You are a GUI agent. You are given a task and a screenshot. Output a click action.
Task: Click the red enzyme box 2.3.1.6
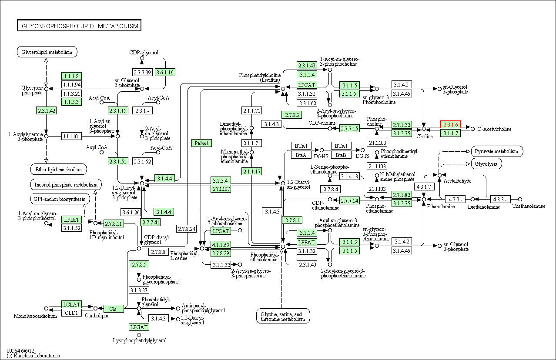pyautogui.click(x=451, y=124)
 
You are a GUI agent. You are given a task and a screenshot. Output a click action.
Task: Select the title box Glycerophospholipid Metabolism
pyautogui.click(x=79, y=26)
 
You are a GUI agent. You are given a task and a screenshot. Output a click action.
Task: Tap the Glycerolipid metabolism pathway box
pyautogui.click(x=47, y=52)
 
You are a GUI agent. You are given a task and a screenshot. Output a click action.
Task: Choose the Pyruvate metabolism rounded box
pyautogui.click(x=497, y=151)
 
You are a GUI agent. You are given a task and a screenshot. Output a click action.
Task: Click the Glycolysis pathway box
pyautogui.click(x=486, y=164)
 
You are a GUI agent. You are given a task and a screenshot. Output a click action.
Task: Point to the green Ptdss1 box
pyautogui.click(x=201, y=143)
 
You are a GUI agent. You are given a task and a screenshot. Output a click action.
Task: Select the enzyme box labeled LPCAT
pyautogui.click(x=307, y=85)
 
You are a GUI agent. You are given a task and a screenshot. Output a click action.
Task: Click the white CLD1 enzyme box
pyautogui.click(x=71, y=313)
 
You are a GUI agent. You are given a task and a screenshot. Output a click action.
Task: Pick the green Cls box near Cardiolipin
pyautogui.click(x=113, y=309)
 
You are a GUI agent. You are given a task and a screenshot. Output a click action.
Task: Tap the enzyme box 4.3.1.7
pyautogui.click(x=424, y=187)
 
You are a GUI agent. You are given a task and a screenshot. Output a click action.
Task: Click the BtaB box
pyautogui.click(x=341, y=155)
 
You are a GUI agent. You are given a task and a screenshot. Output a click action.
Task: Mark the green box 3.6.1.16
pyautogui.click(x=165, y=72)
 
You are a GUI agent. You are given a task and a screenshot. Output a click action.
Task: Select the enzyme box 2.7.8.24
pyautogui.click(x=187, y=229)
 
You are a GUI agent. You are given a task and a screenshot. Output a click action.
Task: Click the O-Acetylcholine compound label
pyautogui.click(x=494, y=129)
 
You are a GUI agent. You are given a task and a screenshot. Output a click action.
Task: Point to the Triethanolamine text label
pyautogui.click(x=529, y=206)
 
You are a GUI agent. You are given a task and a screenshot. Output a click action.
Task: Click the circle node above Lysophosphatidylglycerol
pyautogui.click(x=139, y=335)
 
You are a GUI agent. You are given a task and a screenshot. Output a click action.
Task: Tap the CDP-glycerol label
pyautogui.click(x=144, y=53)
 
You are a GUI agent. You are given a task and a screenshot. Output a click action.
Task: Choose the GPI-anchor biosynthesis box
pyautogui.click(x=60, y=199)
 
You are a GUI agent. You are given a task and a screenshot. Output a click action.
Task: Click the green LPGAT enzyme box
pyautogui.click(x=139, y=327)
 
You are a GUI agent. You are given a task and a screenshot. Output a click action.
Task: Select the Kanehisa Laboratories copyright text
pyautogui.click(x=33, y=356)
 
